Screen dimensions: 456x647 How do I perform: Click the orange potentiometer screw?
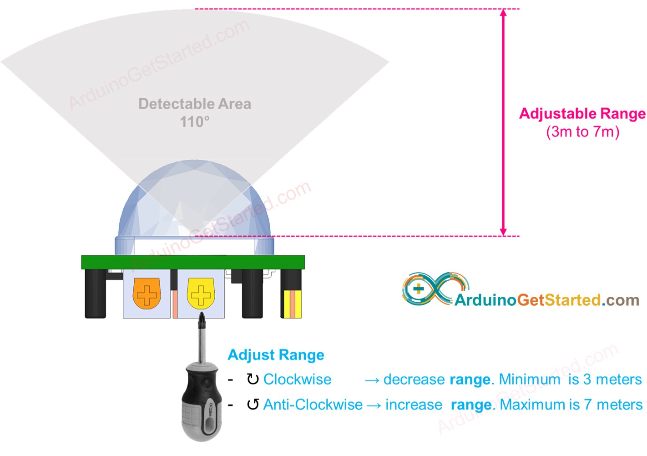(147, 294)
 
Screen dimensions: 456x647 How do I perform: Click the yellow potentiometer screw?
(201, 294)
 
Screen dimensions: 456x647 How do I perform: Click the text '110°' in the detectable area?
(195, 122)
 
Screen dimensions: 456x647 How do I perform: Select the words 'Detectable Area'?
(195, 104)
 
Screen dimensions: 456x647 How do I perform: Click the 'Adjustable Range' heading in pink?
(582, 113)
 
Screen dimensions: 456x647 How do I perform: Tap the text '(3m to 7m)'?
(582, 132)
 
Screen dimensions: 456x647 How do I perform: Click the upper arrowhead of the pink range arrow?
(503, 13)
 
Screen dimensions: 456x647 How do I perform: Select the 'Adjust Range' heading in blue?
(276, 355)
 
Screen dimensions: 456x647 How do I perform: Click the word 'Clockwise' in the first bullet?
(297, 379)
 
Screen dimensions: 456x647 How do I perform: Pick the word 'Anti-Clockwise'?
(313, 404)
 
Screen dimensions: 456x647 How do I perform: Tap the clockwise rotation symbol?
(253, 379)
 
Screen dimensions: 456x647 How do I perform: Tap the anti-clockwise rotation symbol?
(253, 404)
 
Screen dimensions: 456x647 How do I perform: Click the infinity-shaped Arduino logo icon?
(435, 289)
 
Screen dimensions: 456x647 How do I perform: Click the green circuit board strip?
(193, 262)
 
